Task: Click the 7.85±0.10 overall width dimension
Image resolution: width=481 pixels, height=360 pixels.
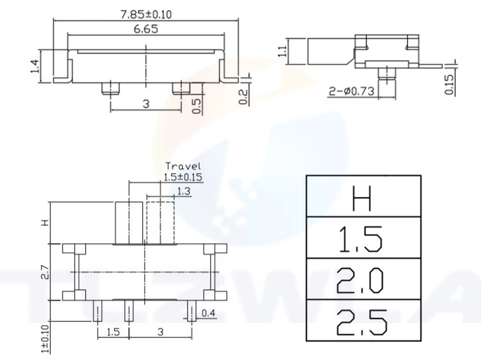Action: (x=146, y=14)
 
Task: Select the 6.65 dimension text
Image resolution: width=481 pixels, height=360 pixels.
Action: (x=146, y=29)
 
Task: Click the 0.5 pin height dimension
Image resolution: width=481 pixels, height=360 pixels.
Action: (x=196, y=106)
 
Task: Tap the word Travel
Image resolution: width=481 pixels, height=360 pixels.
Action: (x=183, y=167)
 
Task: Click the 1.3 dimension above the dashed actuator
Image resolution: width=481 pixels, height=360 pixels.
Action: (x=184, y=192)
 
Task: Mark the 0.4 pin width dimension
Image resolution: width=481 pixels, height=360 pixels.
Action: (x=208, y=314)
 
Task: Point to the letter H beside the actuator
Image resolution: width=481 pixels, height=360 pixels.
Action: (x=45, y=223)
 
